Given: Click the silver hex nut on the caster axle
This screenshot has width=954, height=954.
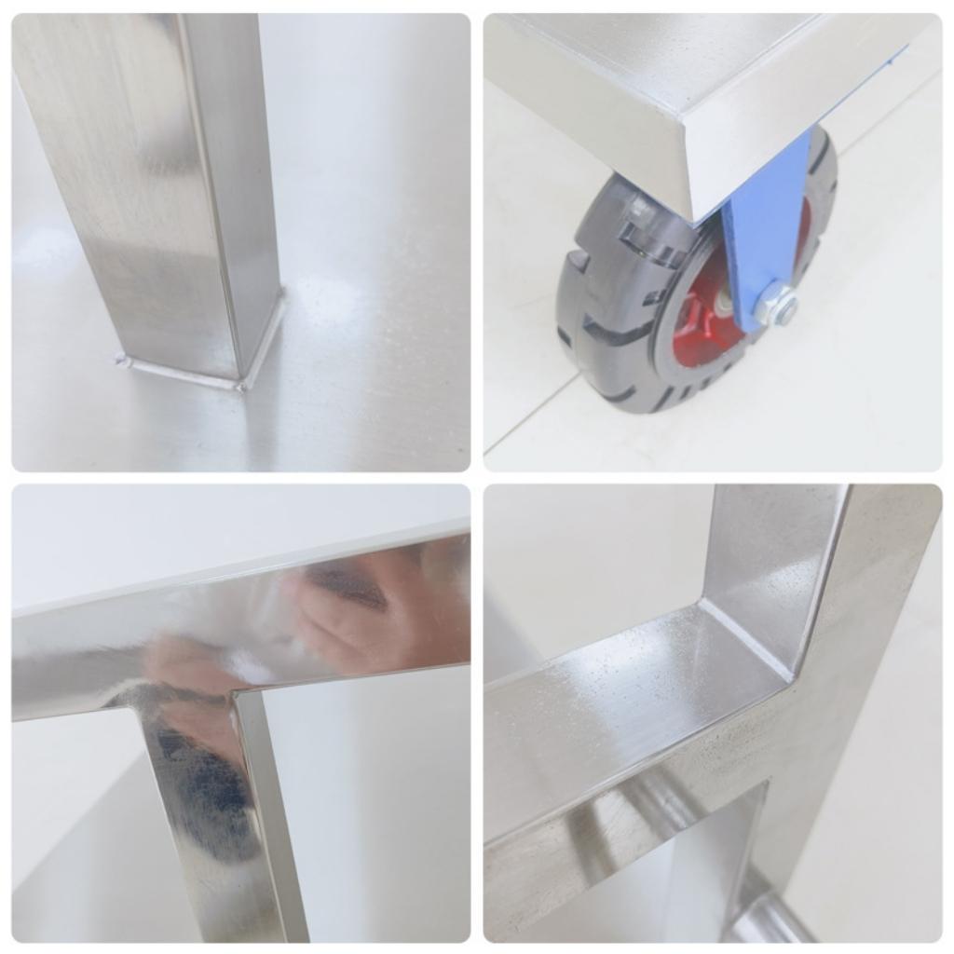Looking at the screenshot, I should coord(776,305).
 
